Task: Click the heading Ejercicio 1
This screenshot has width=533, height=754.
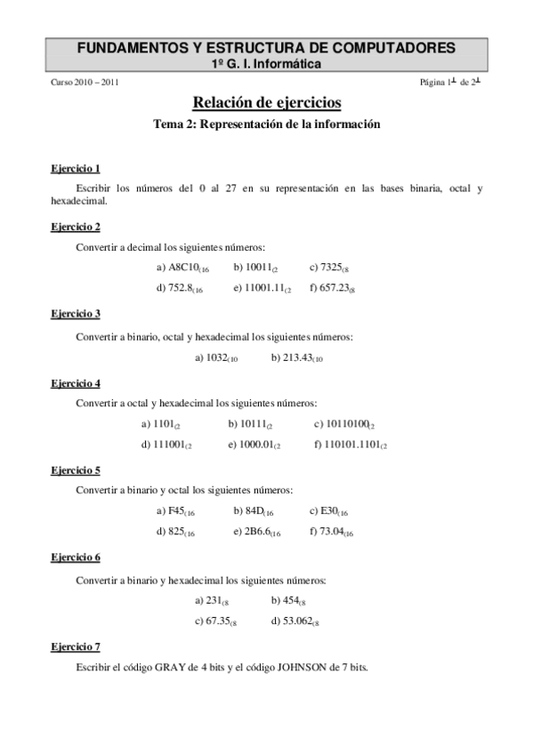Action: (x=76, y=167)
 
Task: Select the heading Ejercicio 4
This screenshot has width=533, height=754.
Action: (x=76, y=383)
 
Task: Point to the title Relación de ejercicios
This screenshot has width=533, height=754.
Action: (x=267, y=103)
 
